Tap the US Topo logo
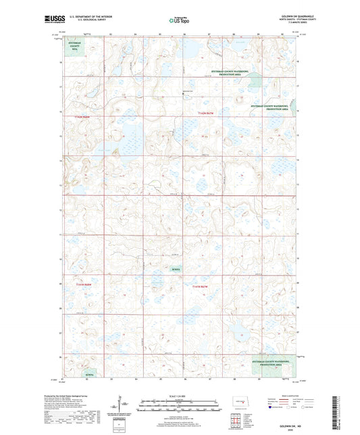coord(179,21)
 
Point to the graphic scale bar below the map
coord(179,403)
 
